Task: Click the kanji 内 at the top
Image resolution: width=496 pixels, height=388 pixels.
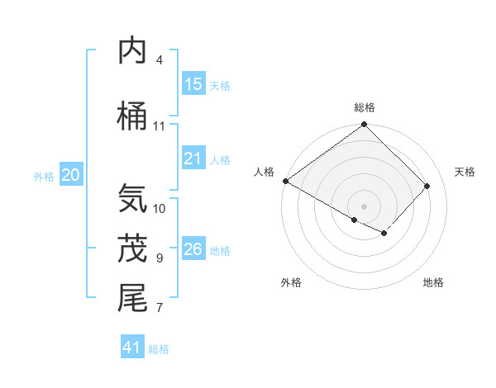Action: [133, 51]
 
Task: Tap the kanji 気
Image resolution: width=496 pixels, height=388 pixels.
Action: [133, 199]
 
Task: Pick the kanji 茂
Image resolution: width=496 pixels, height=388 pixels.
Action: [133, 248]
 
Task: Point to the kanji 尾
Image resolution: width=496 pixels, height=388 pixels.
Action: [133, 298]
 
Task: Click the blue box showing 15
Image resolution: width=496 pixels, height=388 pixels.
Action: [193, 84]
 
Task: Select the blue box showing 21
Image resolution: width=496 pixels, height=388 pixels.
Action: [193, 159]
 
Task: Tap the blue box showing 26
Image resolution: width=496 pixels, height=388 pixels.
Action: [193, 249]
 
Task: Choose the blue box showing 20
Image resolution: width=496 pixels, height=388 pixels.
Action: [71, 175]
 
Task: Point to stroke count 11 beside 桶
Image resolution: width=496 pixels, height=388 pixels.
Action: [160, 126]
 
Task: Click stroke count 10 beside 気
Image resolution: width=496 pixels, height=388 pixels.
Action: [160, 208]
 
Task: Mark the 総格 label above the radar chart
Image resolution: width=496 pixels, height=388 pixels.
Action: [365, 107]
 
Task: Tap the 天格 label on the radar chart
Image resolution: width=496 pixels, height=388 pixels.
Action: [465, 172]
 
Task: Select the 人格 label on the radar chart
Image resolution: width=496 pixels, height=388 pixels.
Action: [265, 172]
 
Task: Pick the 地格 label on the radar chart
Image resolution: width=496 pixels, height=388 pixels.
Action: [433, 282]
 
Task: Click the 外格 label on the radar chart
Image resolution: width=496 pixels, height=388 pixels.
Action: [291, 282]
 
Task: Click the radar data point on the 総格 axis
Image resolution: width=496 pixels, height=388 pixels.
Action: [365, 125]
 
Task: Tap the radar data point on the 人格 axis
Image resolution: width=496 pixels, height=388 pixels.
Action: [285, 181]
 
